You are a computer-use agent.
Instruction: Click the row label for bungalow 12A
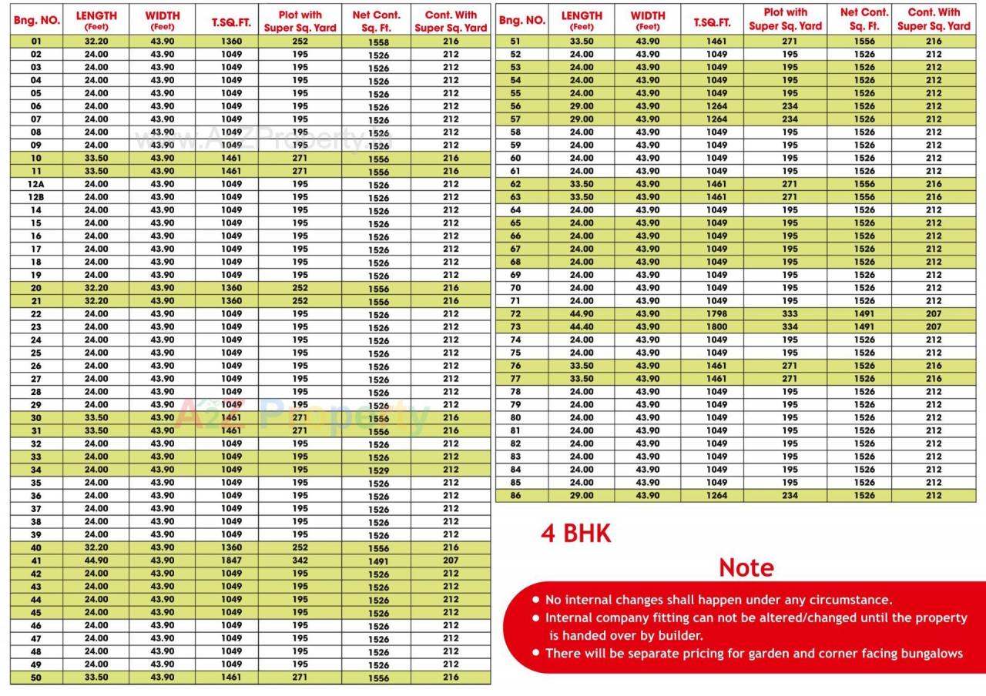[36, 184]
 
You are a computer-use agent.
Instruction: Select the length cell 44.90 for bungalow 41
[96, 560]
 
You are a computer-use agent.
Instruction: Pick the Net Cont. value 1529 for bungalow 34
[378, 470]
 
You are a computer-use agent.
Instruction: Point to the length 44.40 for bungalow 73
[582, 327]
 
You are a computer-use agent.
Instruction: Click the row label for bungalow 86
[515, 496]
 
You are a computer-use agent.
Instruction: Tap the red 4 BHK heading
[575, 534]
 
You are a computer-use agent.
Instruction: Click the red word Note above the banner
[746, 567]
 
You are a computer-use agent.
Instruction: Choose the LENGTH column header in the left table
[96, 20]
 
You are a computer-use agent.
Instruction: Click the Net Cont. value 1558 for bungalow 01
[378, 42]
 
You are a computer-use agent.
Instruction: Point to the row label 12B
[36, 197]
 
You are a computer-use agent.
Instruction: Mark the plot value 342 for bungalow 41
[300, 560]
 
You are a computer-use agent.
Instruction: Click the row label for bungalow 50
[36, 678]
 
